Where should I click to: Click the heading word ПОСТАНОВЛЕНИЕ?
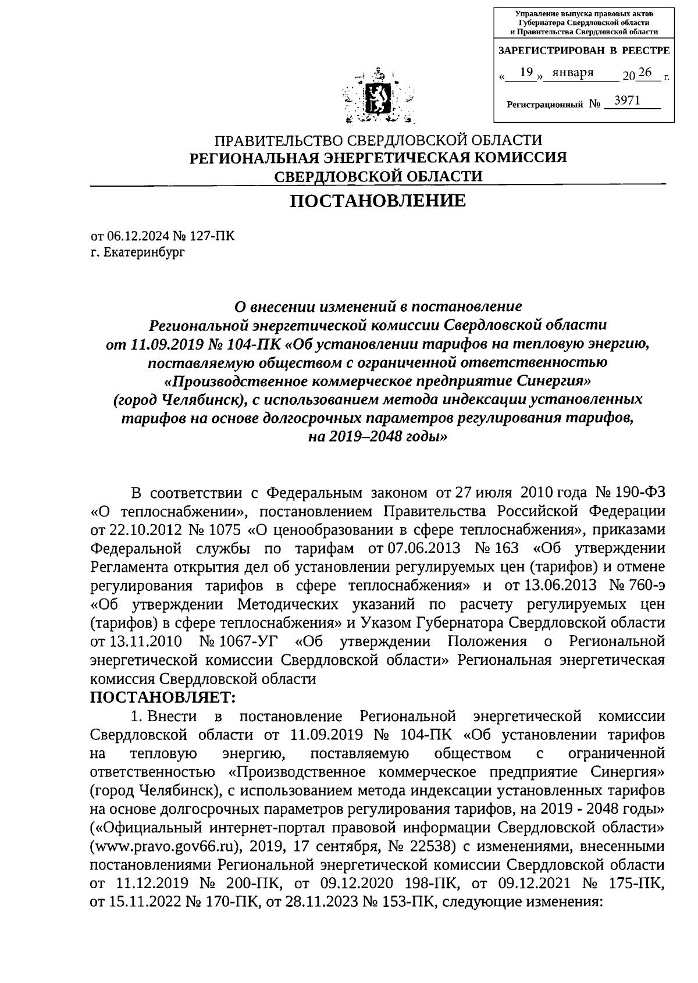pyautogui.click(x=378, y=201)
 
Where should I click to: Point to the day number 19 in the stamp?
pyautogui.click(x=526, y=73)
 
